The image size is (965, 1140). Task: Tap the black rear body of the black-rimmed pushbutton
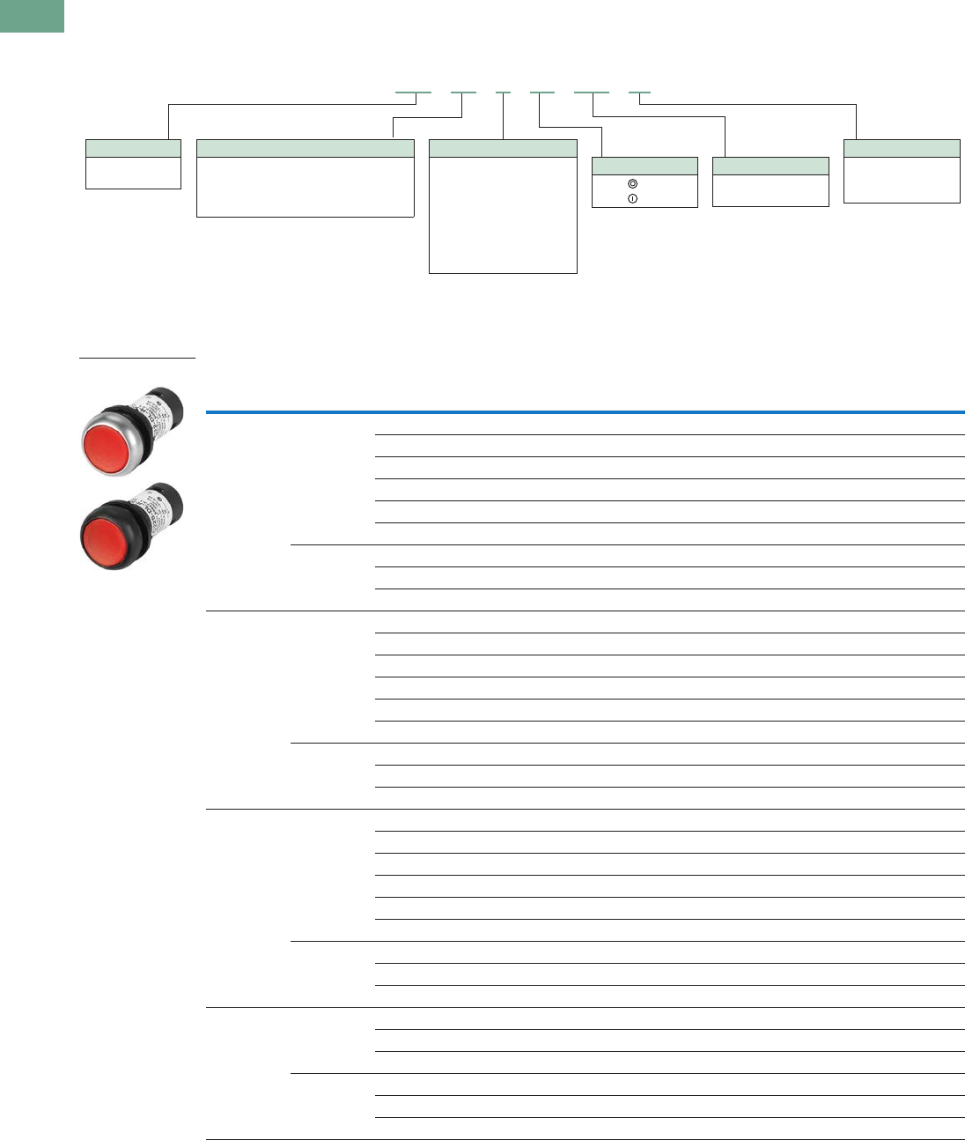(x=167, y=500)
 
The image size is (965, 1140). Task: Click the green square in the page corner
(x=32, y=16)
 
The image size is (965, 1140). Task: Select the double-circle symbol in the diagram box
(x=631, y=184)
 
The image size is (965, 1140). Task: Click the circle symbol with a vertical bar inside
(x=631, y=199)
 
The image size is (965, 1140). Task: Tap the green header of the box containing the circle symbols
(x=645, y=166)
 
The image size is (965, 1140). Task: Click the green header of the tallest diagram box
(x=503, y=148)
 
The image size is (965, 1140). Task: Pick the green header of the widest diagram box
(x=305, y=148)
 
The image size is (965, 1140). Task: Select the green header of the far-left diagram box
(x=133, y=148)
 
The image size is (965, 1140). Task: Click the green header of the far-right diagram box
(x=902, y=148)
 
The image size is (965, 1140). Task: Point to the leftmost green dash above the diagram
(x=413, y=92)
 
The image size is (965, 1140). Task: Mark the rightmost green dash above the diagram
(x=639, y=92)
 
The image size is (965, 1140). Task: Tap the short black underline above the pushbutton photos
(x=136, y=359)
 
